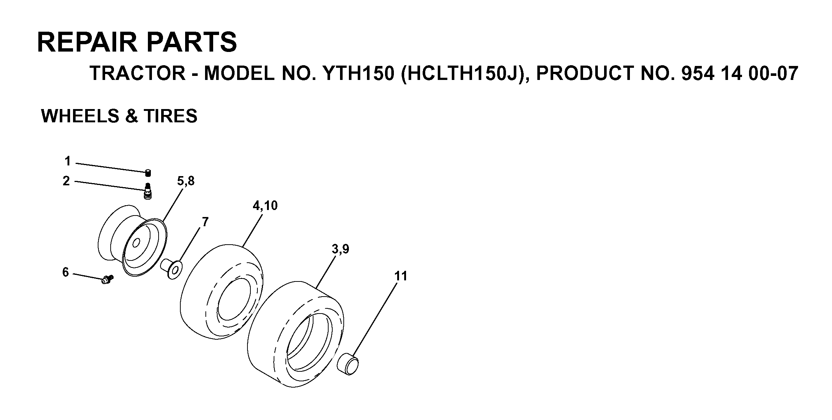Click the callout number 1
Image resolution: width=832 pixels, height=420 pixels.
(67, 161)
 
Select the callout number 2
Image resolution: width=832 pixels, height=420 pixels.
(66, 181)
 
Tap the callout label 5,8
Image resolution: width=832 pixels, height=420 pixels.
(186, 181)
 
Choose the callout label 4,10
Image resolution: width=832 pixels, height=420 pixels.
(265, 206)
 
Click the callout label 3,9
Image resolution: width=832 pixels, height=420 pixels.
(340, 249)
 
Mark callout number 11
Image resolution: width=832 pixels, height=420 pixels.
(401, 276)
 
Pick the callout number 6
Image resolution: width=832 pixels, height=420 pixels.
(66, 272)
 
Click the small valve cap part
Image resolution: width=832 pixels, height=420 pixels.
(148, 173)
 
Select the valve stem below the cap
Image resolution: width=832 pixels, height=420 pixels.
(148, 191)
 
